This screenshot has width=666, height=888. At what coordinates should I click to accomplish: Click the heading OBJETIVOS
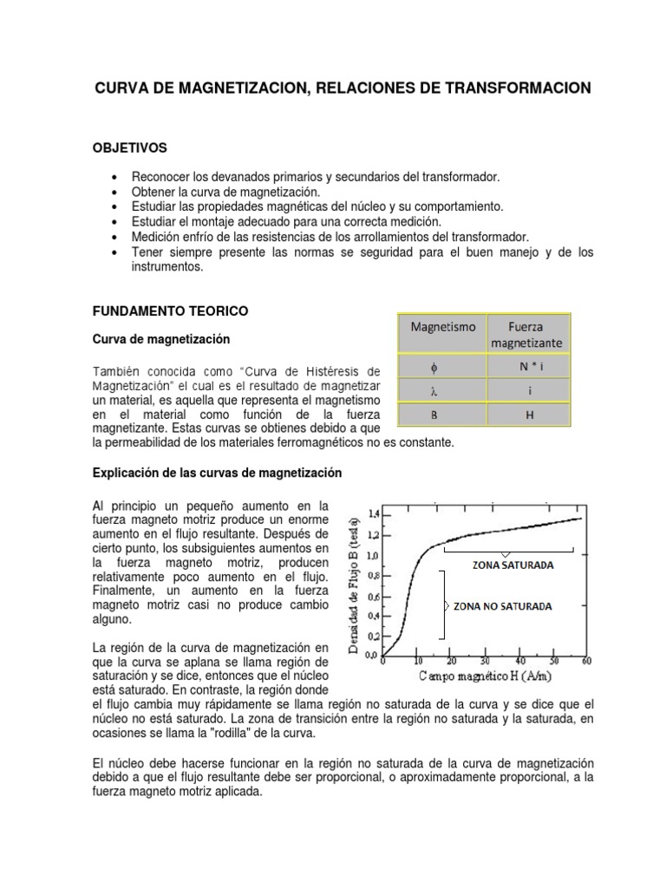129,148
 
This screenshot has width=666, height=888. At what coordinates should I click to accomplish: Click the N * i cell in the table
526,366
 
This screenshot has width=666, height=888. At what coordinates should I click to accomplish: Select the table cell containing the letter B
442,415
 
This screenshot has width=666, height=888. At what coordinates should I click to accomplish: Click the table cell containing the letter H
526,415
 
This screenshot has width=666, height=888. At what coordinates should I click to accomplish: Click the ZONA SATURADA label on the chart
509,565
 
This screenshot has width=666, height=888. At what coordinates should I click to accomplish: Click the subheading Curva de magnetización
160,338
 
